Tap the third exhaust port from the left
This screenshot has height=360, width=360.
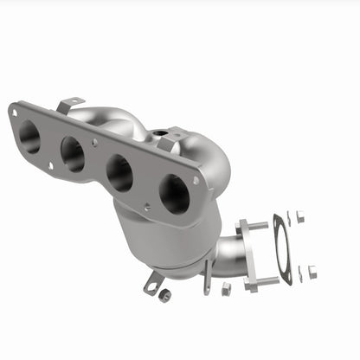pos(120,173)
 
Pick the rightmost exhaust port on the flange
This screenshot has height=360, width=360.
pos(174,195)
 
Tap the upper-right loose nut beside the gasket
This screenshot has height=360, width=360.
pos(300,217)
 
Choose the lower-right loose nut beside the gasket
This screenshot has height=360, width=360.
pos(312,272)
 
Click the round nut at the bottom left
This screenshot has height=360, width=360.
pos(164,295)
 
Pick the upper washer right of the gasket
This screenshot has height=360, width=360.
pos(290,215)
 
